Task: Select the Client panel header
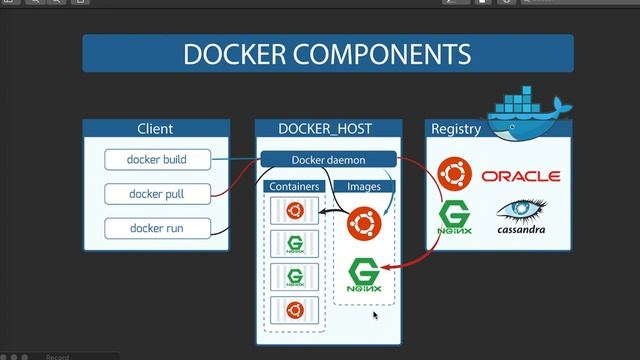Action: [155, 128]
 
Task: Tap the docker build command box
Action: [156, 159]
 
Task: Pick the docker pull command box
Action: [156, 193]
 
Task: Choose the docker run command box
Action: [156, 228]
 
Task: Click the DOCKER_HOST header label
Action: [327, 128]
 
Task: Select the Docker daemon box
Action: [328, 159]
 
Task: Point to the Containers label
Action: [294, 186]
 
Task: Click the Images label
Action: [363, 186]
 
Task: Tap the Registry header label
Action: [455, 128]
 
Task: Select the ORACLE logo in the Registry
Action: [520, 176]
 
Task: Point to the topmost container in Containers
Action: [295, 210]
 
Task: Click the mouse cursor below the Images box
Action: [375, 315]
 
